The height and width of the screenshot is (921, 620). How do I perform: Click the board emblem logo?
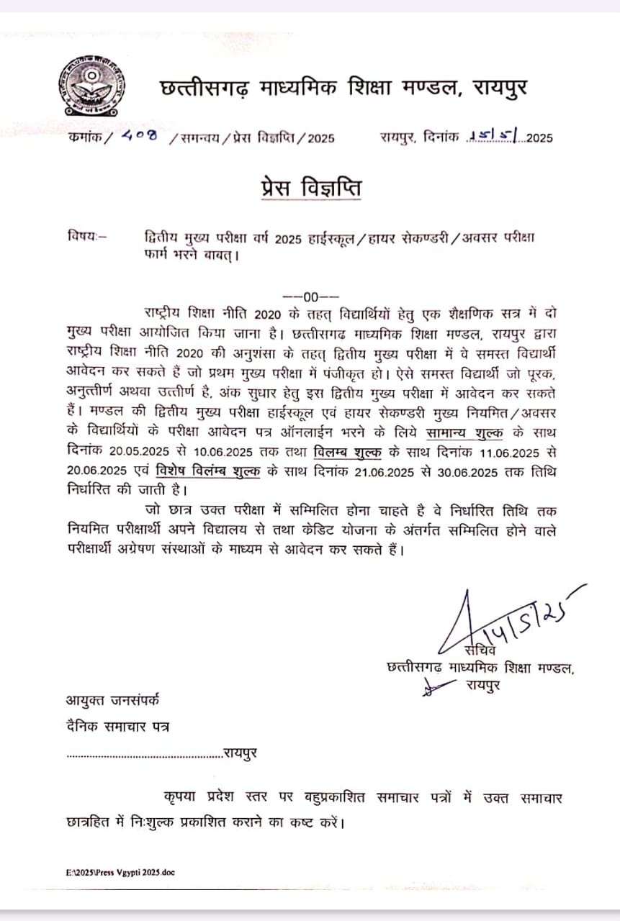click(x=91, y=87)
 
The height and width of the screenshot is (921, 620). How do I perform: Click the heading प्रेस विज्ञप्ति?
click(x=310, y=189)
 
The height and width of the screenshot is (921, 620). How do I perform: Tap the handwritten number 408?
click(x=140, y=136)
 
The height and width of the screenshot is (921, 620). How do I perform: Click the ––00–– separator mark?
click(x=310, y=296)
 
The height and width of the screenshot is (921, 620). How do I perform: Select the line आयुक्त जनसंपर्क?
click(x=114, y=699)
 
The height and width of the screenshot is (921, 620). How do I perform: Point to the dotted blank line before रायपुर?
click(x=144, y=755)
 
